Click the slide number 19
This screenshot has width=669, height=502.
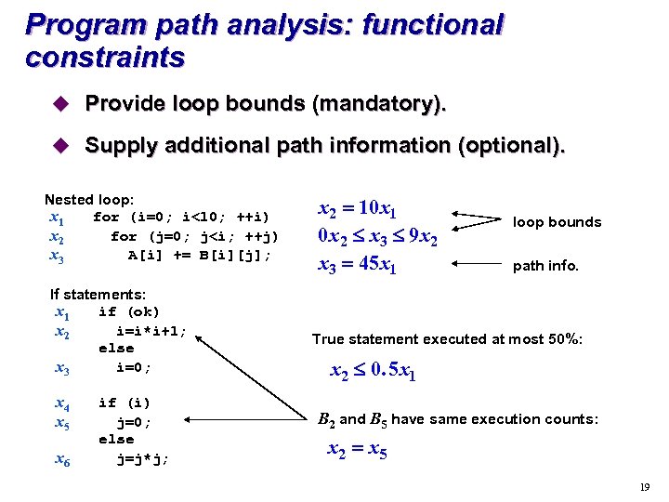(x=644, y=487)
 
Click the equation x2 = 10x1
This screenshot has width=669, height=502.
(x=358, y=209)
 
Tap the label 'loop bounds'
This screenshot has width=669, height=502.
(x=557, y=222)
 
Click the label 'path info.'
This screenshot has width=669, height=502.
(x=545, y=266)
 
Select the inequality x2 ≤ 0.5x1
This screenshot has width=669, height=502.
(x=374, y=373)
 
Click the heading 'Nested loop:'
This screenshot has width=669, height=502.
(x=89, y=200)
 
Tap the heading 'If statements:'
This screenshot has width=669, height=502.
(x=98, y=295)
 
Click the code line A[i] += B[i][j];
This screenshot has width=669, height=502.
(x=200, y=254)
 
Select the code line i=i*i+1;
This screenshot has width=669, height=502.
(x=151, y=330)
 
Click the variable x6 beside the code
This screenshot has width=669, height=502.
(x=62, y=459)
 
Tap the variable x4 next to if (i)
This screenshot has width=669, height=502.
(x=62, y=403)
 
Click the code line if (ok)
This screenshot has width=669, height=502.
(x=129, y=312)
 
